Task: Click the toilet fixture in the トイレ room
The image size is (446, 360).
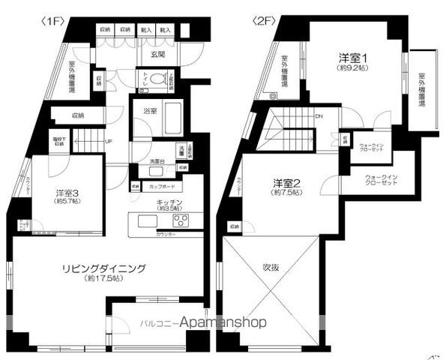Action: pyautogui.click(x=157, y=78)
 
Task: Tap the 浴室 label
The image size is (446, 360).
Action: pyautogui.click(x=150, y=111)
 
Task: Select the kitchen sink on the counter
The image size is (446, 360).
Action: pyautogui.click(x=147, y=220)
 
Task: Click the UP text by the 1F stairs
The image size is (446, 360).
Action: pyautogui.click(x=109, y=142)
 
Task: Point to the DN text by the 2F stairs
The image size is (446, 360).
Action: pyautogui.click(x=319, y=117)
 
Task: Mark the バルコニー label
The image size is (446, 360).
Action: pyautogui.click(x=157, y=324)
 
